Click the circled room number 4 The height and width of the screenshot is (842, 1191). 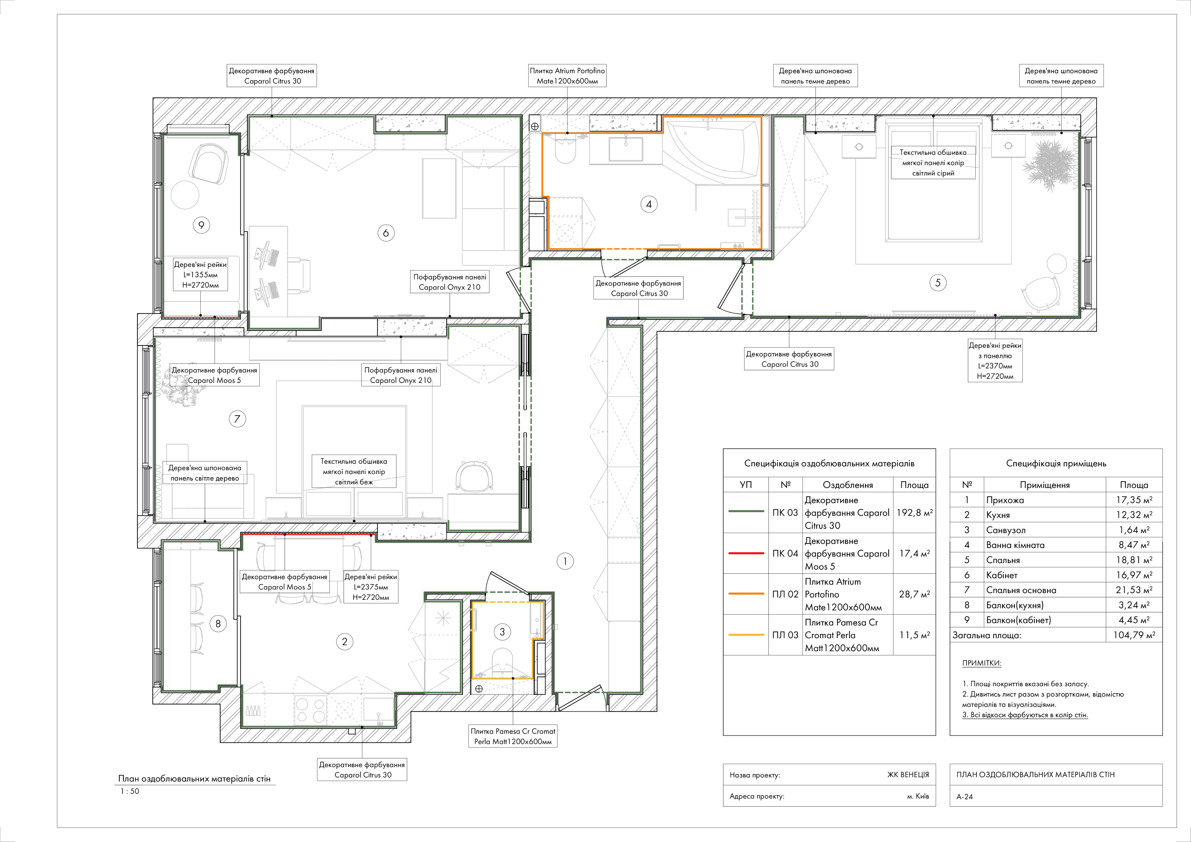click(x=648, y=204)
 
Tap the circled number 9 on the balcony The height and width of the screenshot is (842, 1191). click(x=201, y=225)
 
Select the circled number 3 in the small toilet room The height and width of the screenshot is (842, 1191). click(x=502, y=632)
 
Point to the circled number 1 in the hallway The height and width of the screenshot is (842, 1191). click(x=565, y=561)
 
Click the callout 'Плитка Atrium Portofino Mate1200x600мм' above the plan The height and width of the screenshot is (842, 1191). click(x=567, y=76)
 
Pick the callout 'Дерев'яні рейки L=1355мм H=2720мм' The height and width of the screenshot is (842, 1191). click(x=200, y=275)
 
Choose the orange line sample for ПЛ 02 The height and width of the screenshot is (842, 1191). click(x=746, y=594)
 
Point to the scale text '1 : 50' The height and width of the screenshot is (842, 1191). click(x=130, y=791)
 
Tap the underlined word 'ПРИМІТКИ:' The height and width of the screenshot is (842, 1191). click(x=981, y=663)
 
